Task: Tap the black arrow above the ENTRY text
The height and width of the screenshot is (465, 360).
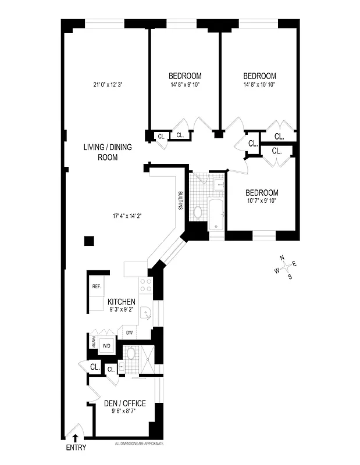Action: pos(74,436)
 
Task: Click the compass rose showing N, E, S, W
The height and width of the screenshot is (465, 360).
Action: pos(286,267)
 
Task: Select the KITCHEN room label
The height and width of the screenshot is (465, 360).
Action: pos(122,302)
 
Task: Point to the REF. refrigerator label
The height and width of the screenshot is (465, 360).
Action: pos(97,287)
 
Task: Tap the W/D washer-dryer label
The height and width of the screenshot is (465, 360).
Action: pos(106,346)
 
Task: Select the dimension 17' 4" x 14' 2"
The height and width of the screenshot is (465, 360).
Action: pos(127,216)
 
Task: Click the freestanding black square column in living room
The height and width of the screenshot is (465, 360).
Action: pos(88,241)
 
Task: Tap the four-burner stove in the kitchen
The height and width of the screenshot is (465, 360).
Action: pos(146,285)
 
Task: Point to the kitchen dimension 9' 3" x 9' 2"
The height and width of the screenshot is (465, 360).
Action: pos(122,310)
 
